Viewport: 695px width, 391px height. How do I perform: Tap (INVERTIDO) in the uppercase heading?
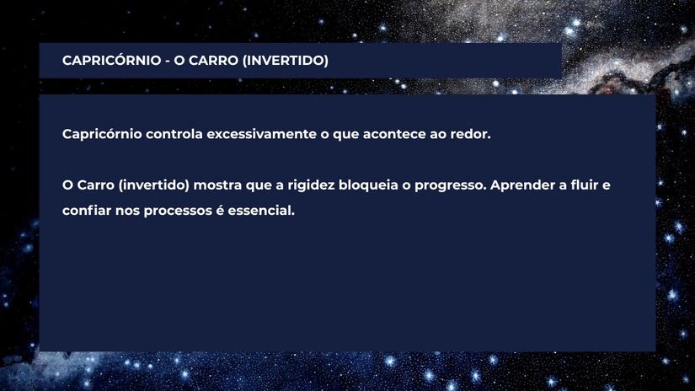click(286, 62)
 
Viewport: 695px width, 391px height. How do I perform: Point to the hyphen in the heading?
click(166, 62)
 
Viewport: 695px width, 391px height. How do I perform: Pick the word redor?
click(468, 135)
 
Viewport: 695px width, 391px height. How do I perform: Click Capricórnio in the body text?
click(101, 135)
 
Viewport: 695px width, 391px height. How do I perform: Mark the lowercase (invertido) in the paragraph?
click(157, 185)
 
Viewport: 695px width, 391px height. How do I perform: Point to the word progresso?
click(452, 185)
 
